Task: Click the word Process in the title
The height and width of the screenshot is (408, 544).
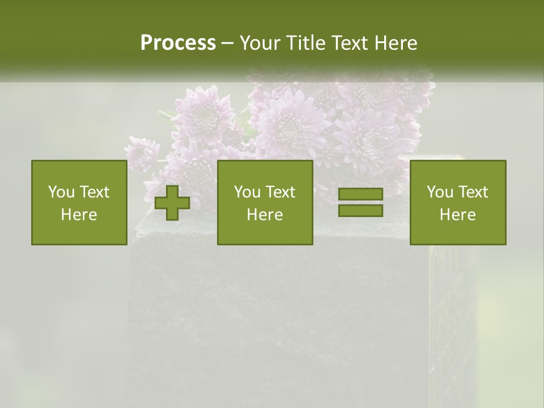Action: [x=178, y=43]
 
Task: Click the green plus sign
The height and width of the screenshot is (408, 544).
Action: [x=172, y=203]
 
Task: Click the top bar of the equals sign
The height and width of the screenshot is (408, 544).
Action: [x=360, y=194]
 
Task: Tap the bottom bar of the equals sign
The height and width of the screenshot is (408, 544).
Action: [x=360, y=210]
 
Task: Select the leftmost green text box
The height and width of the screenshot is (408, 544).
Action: [x=79, y=202]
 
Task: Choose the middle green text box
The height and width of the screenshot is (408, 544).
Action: [x=265, y=202]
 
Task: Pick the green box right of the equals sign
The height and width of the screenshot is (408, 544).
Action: [x=457, y=202]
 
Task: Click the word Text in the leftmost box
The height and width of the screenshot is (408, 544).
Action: [x=94, y=192]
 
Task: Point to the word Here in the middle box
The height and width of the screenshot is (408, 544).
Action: [x=265, y=215]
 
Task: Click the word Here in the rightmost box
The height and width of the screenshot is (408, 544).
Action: [x=457, y=215]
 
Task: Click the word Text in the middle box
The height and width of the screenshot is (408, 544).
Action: [x=280, y=192]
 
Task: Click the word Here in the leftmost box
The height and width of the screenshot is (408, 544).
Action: [x=79, y=215]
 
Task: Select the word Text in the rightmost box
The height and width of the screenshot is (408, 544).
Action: [x=473, y=192]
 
